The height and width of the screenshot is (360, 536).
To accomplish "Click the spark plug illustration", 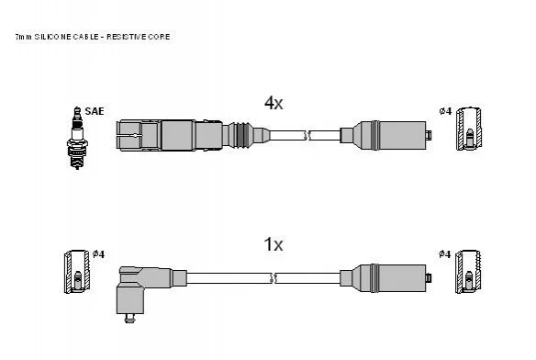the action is (77, 138).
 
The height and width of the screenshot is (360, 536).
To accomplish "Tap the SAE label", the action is (94, 111).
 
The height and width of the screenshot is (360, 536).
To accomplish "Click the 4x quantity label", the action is (274, 103).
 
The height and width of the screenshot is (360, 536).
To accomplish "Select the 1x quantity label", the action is (274, 244).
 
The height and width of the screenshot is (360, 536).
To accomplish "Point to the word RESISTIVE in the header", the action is (126, 37).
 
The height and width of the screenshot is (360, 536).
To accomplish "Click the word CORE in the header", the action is (159, 37).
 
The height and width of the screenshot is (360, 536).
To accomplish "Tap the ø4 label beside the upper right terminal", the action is (445, 111).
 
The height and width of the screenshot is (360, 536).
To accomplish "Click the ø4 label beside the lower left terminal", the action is (98, 253).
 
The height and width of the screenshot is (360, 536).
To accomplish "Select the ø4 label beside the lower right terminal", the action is (445, 253).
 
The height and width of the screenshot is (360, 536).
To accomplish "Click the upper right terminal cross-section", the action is (469, 129).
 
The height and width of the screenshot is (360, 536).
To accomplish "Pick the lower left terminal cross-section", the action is (77, 272).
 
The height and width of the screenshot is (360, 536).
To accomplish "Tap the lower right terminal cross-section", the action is (469, 272).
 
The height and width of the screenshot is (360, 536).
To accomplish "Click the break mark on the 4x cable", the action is (307, 135).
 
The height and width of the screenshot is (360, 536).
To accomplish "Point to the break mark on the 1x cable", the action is (274, 278).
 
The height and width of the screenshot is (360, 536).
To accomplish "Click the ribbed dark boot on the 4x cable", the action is (240, 135).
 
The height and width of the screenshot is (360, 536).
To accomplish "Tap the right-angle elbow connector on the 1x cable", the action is (144, 289).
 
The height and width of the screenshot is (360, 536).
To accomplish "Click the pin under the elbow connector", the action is (128, 319).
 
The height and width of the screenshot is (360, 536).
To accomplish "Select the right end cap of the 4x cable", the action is (429, 135).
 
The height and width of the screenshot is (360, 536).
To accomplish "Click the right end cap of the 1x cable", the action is (429, 278).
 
